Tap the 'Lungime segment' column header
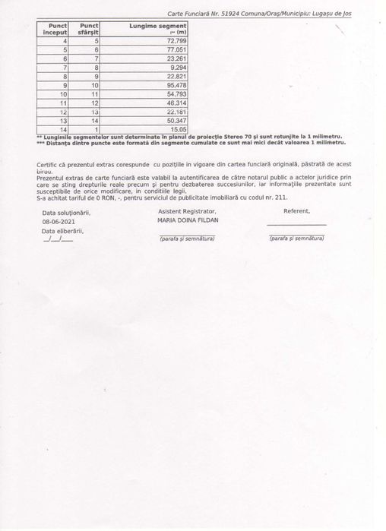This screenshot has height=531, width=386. click(x=159, y=26)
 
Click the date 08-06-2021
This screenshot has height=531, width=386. click(x=59, y=221)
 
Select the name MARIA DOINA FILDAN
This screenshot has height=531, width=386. click(x=187, y=220)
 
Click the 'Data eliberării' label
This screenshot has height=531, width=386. click(x=62, y=229)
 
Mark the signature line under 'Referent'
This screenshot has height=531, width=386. click(x=297, y=226)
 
